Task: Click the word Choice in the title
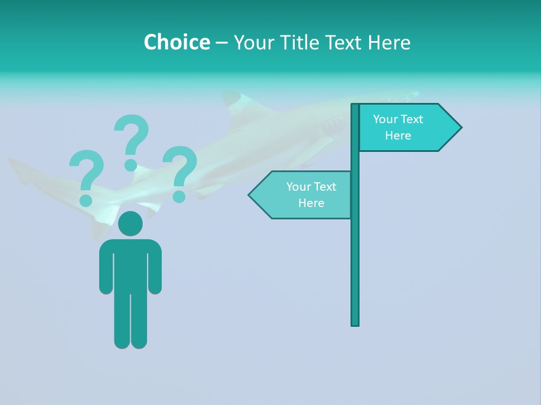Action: pyautogui.click(x=176, y=42)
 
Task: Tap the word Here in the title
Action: pyautogui.click(x=389, y=42)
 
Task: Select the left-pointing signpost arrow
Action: pyautogui.click(x=301, y=195)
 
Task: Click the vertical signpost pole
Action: pyautogui.click(x=355, y=253)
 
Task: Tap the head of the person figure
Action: pyautogui.click(x=130, y=224)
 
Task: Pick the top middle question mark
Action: pyautogui.click(x=131, y=141)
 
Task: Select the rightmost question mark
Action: pyautogui.click(x=180, y=172)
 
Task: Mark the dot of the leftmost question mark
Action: pyautogui.click(x=86, y=200)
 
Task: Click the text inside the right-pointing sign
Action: pyautogui.click(x=398, y=127)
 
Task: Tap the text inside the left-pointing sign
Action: pyautogui.click(x=311, y=195)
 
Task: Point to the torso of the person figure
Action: pyautogui.click(x=130, y=264)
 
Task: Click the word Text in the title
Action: pyautogui.click(x=345, y=42)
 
